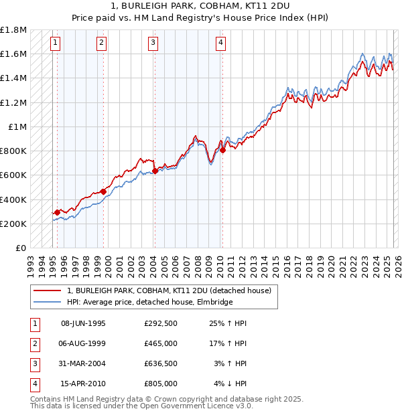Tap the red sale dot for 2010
pyautogui.click(x=222, y=151)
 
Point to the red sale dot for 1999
pyautogui.click(x=104, y=191)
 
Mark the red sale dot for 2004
pyautogui.click(x=155, y=171)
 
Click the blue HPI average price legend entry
pyautogui.click(x=149, y=303)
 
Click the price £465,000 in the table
pyautogui.click(x=161, y=343)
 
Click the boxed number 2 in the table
pyautogui.click(x=33, y=343)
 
